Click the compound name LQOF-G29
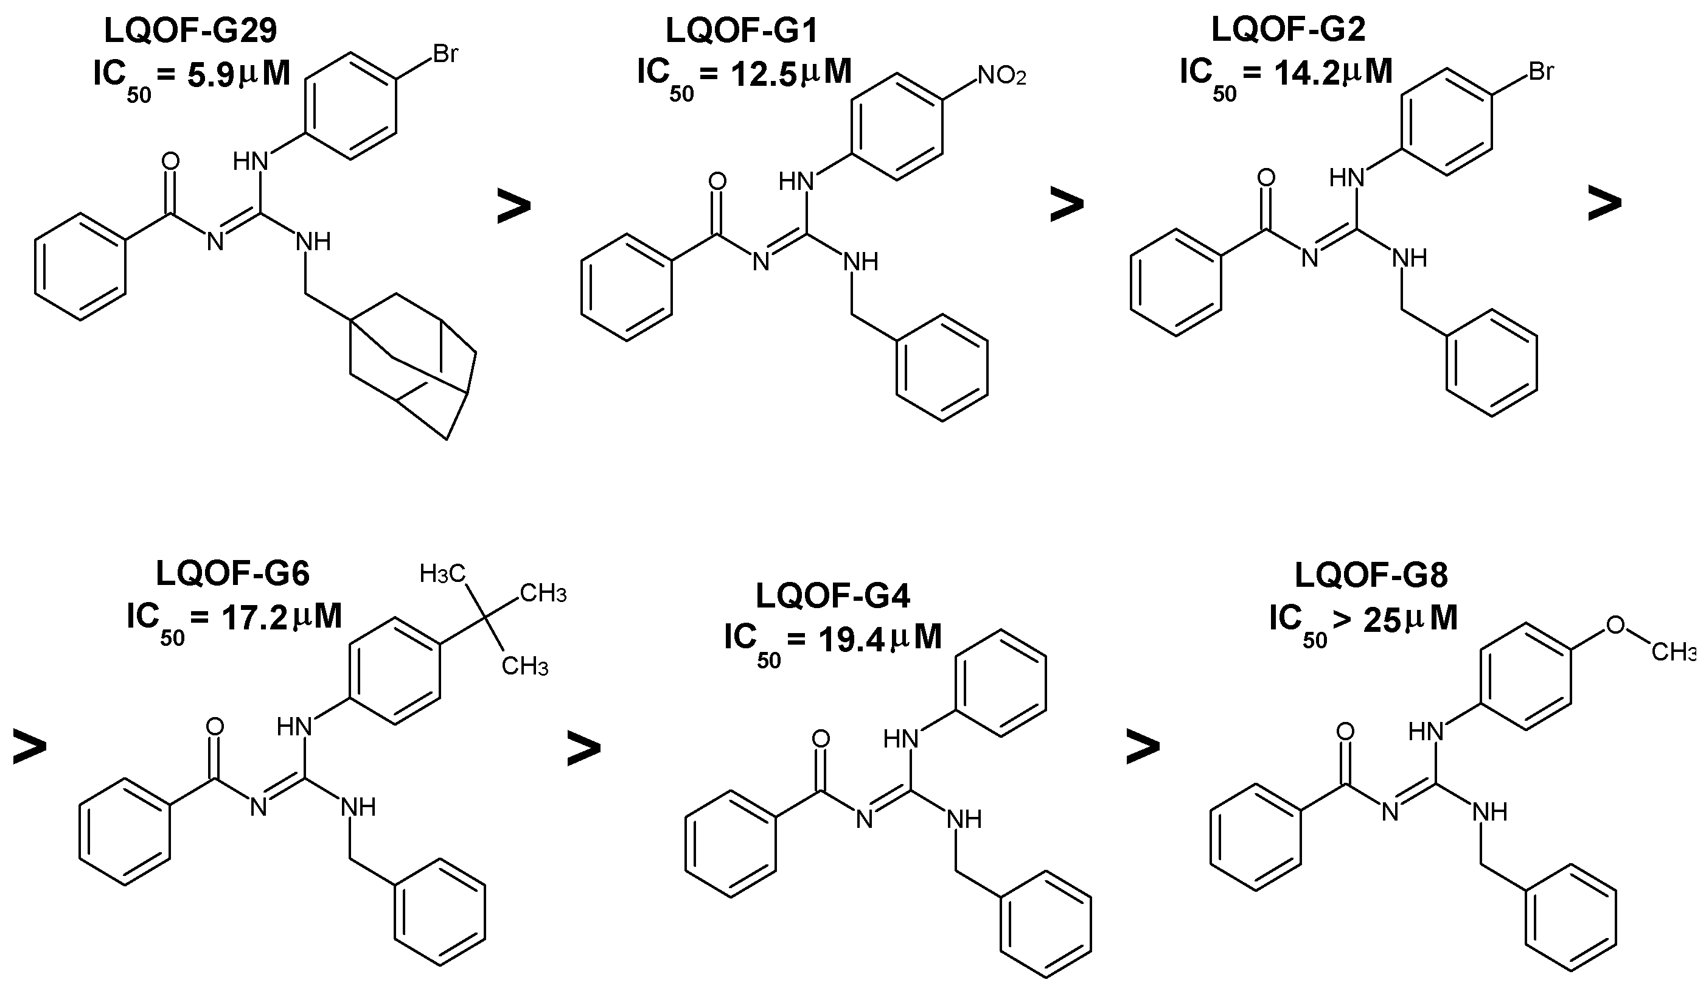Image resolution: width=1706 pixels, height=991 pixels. [191, 30]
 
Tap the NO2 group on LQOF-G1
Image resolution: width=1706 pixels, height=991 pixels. [1001, 76]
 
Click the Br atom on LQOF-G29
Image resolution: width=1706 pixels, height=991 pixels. [445, 54]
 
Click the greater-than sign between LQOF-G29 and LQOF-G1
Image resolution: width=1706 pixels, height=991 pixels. [513, 206]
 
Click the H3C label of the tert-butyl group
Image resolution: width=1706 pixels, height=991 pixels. [443, 574]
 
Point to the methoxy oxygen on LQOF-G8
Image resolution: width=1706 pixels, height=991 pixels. [1615, 625]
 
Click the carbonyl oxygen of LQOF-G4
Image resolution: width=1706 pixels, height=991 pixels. [821, 739]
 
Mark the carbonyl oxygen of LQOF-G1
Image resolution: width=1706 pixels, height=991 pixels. [717, 181]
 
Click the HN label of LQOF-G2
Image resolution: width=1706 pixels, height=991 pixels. [1345, 178]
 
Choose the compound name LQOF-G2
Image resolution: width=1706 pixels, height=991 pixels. [1287, 30]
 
